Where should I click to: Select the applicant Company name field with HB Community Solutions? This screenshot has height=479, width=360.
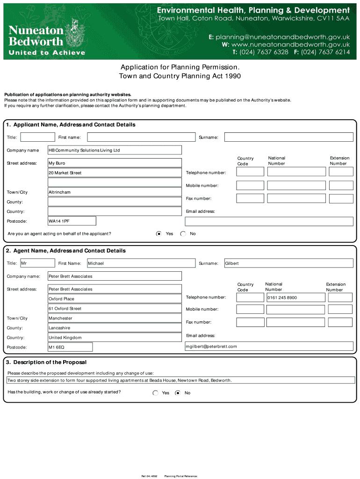[x=115, y=150]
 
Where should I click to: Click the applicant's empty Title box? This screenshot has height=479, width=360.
[x=38, y=137]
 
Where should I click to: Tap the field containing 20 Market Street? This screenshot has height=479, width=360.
[x=115, y=173]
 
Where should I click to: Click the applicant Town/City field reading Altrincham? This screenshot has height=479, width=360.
[x=115, y=192]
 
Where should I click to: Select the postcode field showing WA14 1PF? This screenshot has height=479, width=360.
[x=72, y=221]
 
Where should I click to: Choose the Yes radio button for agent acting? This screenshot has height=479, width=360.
[x=159, y=233]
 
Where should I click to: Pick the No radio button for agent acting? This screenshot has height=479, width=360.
[x=183, y=233]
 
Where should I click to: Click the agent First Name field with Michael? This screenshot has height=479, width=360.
[x=141, y=263]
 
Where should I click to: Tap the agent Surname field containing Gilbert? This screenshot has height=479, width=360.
[x=288, y=263]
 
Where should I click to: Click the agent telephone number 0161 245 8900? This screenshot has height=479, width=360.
[x=295, y=298]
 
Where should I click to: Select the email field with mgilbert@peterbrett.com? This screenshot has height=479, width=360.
[x=269, y=347]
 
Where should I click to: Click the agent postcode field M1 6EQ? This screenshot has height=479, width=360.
[x=70, y=347]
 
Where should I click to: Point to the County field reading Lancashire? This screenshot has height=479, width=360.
[x=115, y=328]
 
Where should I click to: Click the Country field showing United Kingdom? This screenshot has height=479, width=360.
[x=115, y=338]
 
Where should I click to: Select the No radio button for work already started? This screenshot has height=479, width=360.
[x=178, y=393]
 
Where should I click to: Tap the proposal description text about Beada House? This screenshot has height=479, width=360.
[x=120, y=380]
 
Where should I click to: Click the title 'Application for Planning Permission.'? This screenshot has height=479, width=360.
[x=180, y=67]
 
